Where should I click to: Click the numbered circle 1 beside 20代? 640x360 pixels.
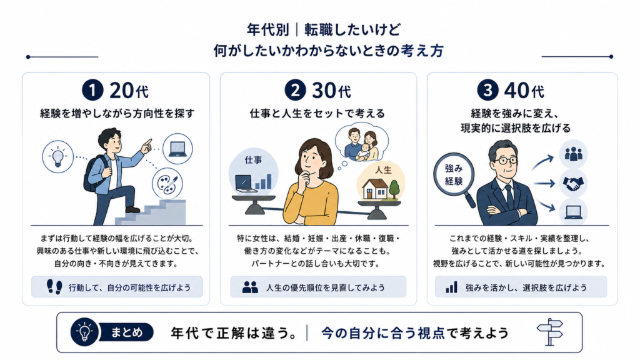pos(92,90)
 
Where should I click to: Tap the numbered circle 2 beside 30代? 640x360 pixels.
pos(295,90)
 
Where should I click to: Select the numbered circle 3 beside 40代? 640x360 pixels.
pos(487,90)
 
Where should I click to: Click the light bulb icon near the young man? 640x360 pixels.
pos(58,156)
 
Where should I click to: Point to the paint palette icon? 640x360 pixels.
pos(167,184)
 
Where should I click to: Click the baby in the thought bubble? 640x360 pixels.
pos(363,151)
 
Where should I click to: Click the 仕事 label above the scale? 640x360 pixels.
pos(253,160)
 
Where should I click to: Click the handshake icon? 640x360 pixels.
pos(573,184)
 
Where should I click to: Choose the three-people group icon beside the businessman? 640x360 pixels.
pos(573,154)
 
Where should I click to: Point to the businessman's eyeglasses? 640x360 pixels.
pos(506,160)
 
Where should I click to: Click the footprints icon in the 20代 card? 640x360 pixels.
pos(54,287)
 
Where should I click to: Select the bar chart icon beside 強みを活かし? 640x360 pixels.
pos(451,287)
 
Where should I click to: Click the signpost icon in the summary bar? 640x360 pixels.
pos(550,332)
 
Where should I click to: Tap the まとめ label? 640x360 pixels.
pos(127,332)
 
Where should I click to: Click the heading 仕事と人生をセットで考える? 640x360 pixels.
pos(317,114)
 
